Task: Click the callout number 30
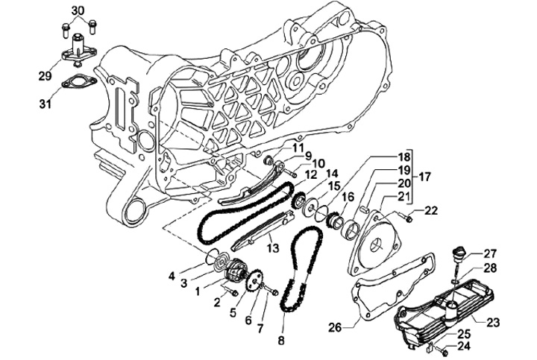click(x=79, y=10)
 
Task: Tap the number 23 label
click(x=493, y=322)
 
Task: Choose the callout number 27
click(x=490, y=253)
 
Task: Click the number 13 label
click(x=273, y=247)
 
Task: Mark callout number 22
click(x=430, y=212)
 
